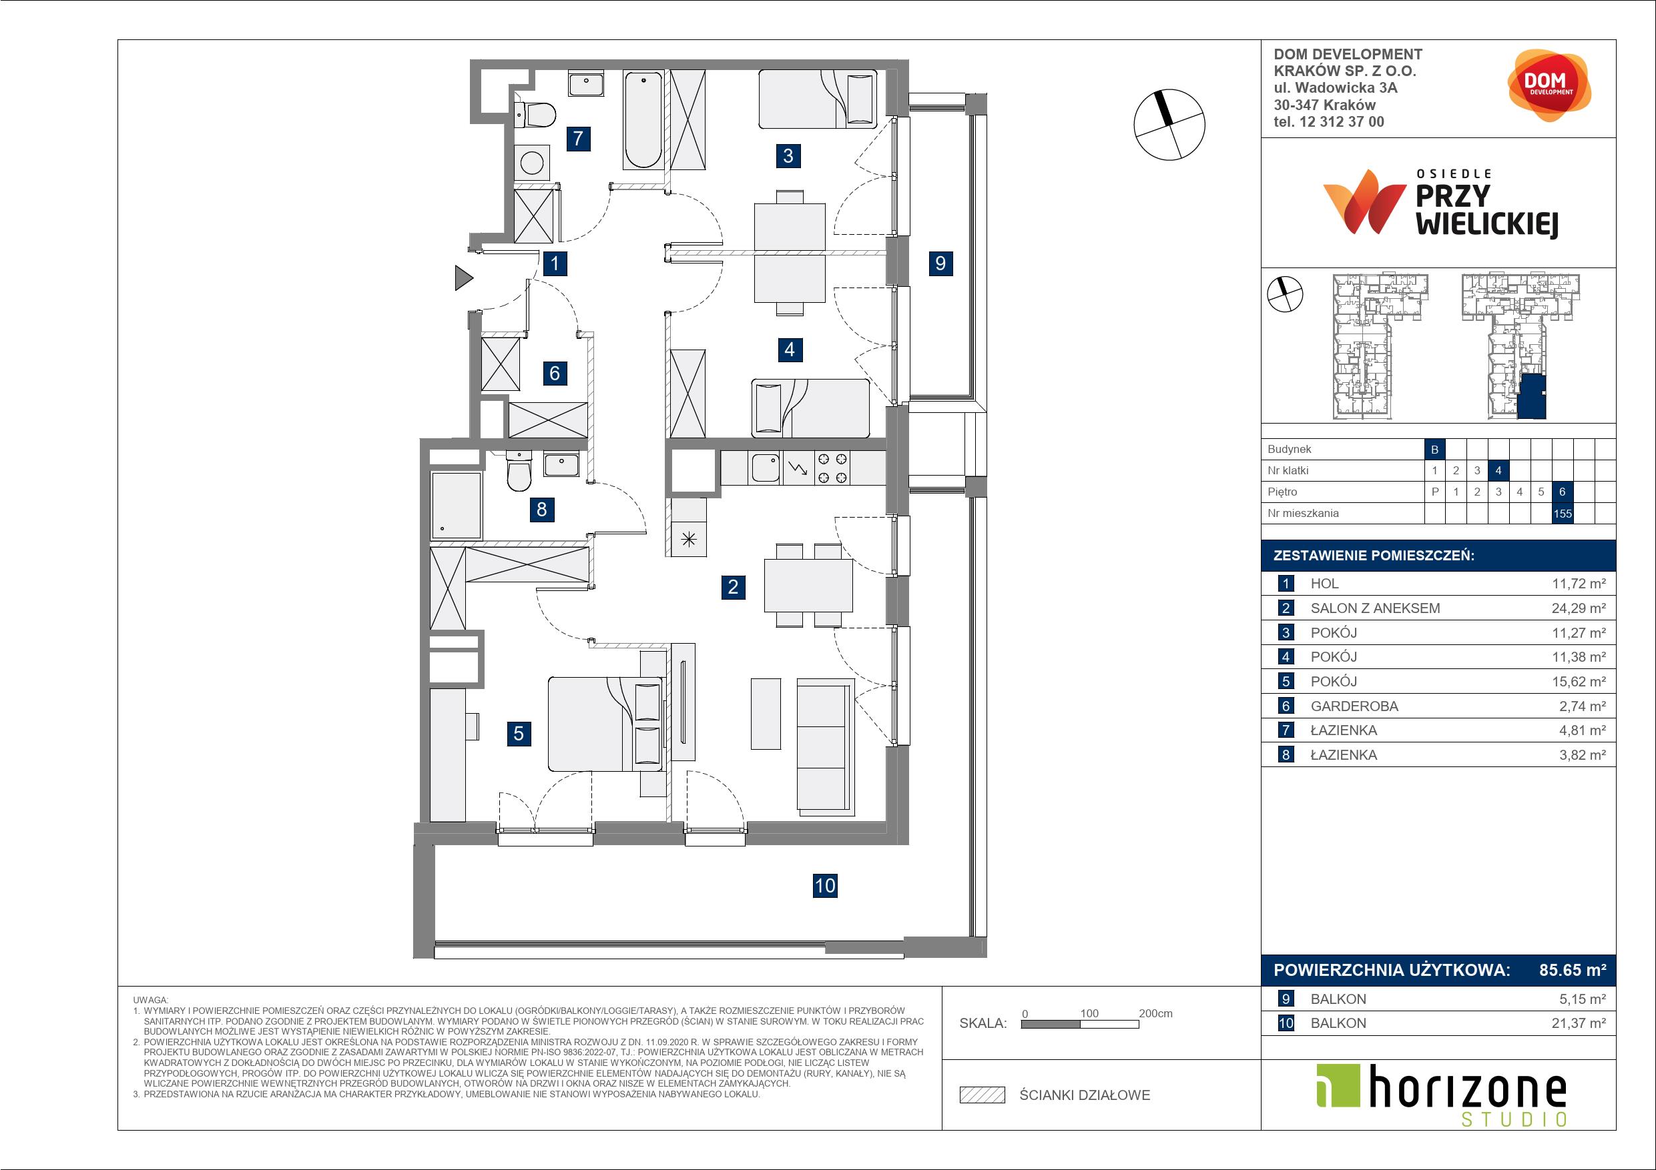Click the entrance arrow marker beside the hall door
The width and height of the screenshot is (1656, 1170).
464,277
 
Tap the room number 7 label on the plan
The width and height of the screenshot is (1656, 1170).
579,137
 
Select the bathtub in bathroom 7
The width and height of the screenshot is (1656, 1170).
643,119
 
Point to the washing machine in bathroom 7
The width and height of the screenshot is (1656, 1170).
531,162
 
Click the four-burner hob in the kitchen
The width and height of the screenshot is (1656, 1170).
832,467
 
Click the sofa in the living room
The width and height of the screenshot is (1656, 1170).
826,747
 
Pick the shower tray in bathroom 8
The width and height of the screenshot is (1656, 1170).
456,506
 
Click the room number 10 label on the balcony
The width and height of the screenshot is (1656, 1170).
824,885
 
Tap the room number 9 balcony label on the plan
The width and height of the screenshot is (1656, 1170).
940,263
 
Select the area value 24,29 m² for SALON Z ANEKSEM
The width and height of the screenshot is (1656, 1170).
1578,608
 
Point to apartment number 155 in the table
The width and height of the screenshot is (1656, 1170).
1563,513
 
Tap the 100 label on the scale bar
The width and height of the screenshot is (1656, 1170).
1089,1013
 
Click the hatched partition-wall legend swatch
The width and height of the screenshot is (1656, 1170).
983,1095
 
